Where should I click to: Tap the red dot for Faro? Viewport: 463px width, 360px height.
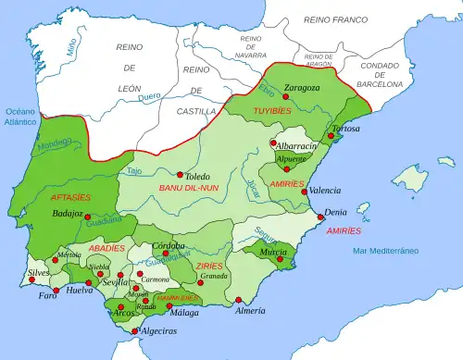pos(58,292)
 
